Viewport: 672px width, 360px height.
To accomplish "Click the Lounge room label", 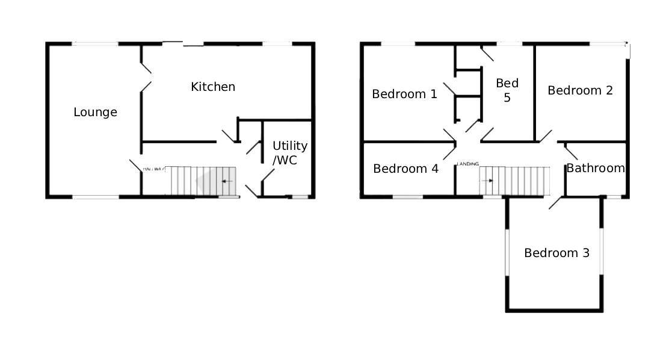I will tap(95, 112).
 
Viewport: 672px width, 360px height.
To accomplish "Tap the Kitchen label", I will tap(213, 87).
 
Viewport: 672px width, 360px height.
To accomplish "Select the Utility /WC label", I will tap(289, 153).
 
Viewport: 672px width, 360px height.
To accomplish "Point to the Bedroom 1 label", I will tap(404, 94).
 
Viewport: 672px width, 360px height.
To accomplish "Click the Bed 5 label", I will tap(507, 90).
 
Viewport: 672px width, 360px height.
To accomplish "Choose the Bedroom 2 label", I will tap(580, 90).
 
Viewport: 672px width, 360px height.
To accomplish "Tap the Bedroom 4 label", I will tap(405, 169).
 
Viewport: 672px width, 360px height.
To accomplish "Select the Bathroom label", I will tap(595, 168).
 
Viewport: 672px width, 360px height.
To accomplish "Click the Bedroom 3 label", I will tap(556, 253).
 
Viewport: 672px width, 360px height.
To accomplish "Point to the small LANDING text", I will tap(468, 164).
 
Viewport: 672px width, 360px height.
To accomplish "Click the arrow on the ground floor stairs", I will tap(227, 181).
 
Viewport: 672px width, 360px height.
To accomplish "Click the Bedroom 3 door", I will tap(556, 203).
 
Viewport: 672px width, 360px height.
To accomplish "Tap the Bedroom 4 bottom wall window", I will tap(407, 197).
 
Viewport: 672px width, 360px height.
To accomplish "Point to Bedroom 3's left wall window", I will tap(507, 252).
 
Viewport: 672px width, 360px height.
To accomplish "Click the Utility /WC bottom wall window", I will tap(298, 197).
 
